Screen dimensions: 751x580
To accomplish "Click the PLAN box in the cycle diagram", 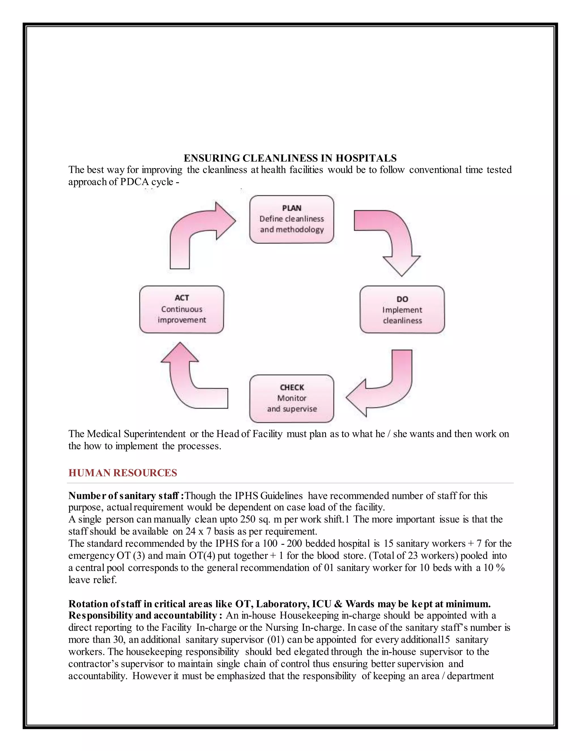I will pos(291,219).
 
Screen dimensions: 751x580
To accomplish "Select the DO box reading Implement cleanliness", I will pos(402,309).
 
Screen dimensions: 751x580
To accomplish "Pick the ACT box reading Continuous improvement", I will pos(182,309).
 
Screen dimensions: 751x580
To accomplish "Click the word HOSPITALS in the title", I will pos(366,158).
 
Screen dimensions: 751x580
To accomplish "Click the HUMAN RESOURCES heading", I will pos(123,473).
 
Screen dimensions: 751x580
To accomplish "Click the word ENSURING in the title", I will pos(212,158).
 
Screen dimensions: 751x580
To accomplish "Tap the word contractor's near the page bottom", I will pos(93,664).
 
